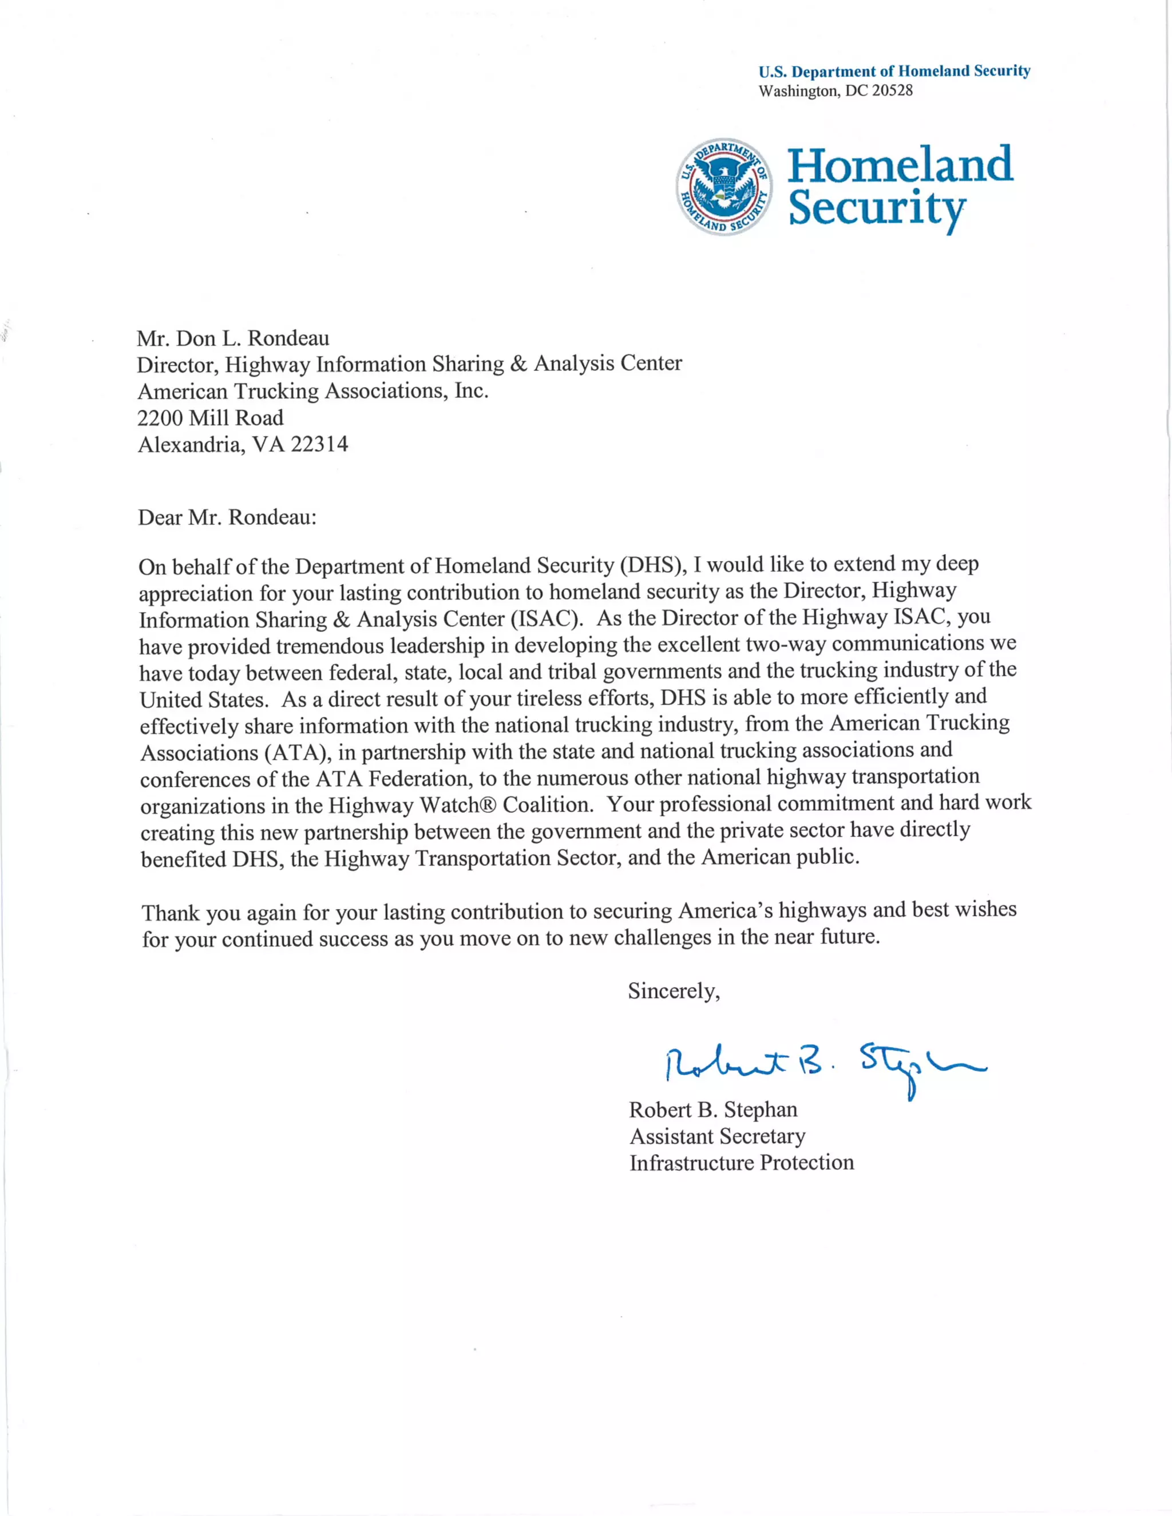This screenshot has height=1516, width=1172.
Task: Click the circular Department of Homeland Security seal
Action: point(724,186)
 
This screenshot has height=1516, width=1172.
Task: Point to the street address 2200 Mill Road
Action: point(210,418)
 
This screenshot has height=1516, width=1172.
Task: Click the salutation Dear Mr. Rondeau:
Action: point(227,517)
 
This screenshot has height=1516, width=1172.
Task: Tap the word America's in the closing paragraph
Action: point(724,910)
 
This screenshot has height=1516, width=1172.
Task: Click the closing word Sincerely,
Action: point(674,990)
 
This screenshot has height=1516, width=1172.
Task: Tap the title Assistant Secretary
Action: point(717,1136)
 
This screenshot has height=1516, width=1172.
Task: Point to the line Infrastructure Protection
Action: point(741,1163)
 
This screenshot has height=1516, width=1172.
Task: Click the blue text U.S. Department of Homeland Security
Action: point(894,71)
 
